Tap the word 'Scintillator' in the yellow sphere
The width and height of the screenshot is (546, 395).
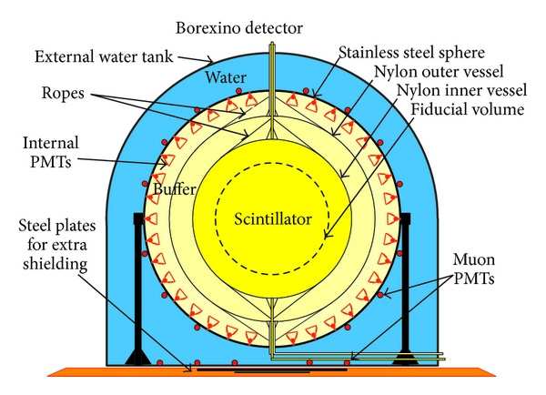[271, 219]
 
